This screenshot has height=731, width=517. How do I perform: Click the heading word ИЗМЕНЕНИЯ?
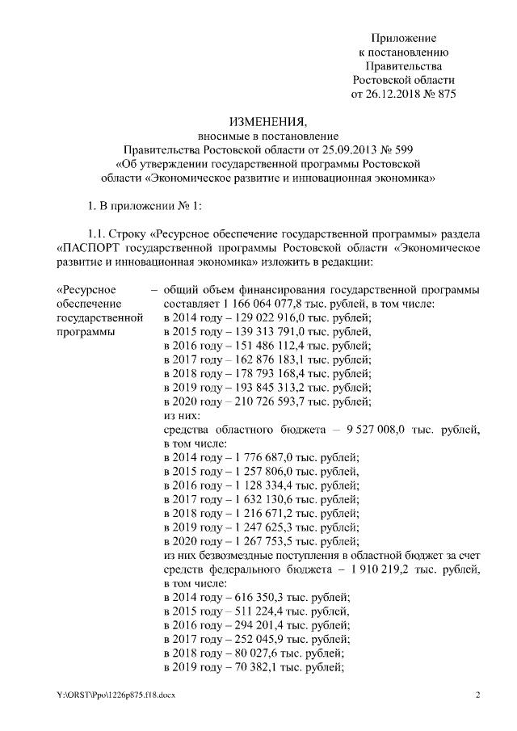267,121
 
